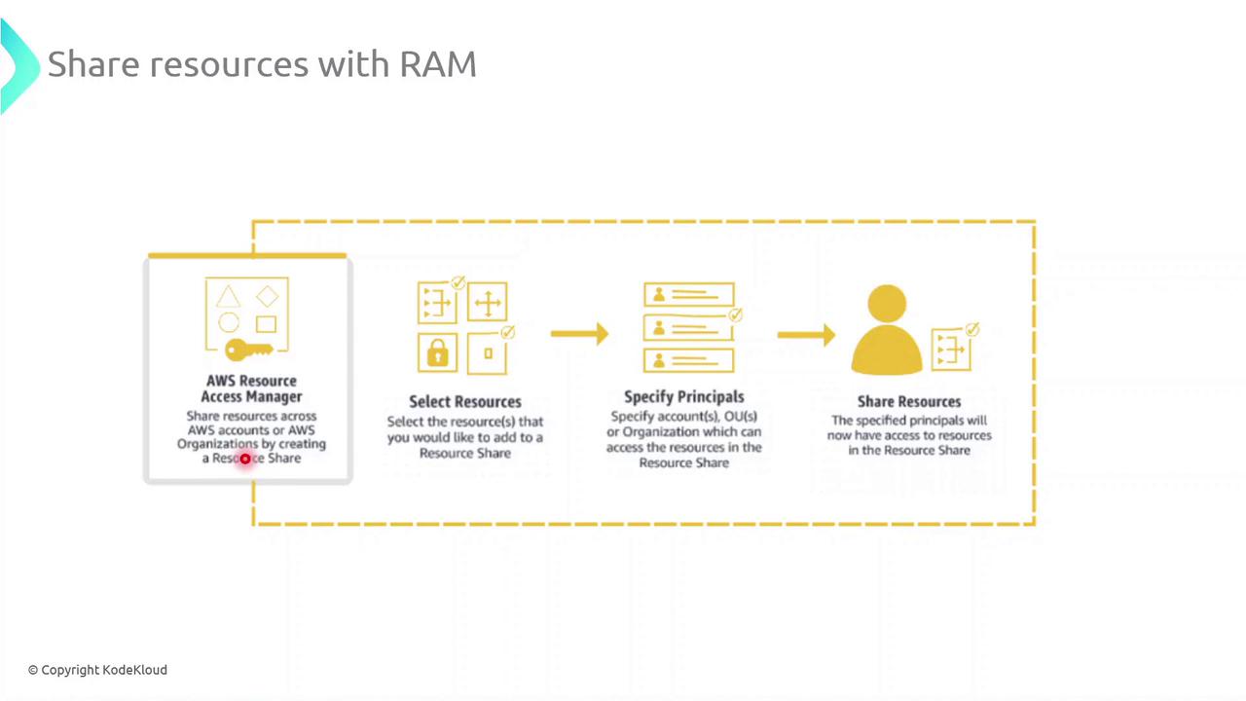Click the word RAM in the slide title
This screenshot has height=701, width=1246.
click(x=438, y=64)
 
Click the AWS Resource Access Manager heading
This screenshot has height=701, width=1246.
click(x=251, y=388)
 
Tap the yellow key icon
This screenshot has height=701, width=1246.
click(x=248, y=350)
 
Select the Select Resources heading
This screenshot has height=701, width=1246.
click(x=464, y=401)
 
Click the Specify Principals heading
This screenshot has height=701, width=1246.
click(x=683, y=396)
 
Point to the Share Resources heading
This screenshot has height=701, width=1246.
click(x=908, y=401)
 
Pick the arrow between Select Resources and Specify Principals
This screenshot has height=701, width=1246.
click(x=579, y=334)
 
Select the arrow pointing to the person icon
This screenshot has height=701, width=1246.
click(x=806, y=335)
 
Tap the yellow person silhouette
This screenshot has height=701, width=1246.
click(x=887, y=331)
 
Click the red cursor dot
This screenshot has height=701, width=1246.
click(x=245, y=459)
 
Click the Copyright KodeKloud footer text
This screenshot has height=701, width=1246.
click(x=97, y=670)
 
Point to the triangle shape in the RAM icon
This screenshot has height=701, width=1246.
click(x=228, y=297)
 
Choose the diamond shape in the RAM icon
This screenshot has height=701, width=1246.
click(x=267, y=296)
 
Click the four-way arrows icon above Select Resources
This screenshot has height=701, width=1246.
click(x=487, y=304)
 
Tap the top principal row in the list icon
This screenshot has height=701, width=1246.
click(x=688, y=293)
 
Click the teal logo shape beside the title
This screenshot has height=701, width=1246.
click(x=18, y=64)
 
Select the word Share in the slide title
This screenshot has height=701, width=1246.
click(x=94, y=64)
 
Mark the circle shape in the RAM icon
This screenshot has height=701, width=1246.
click(x=229, y=323)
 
